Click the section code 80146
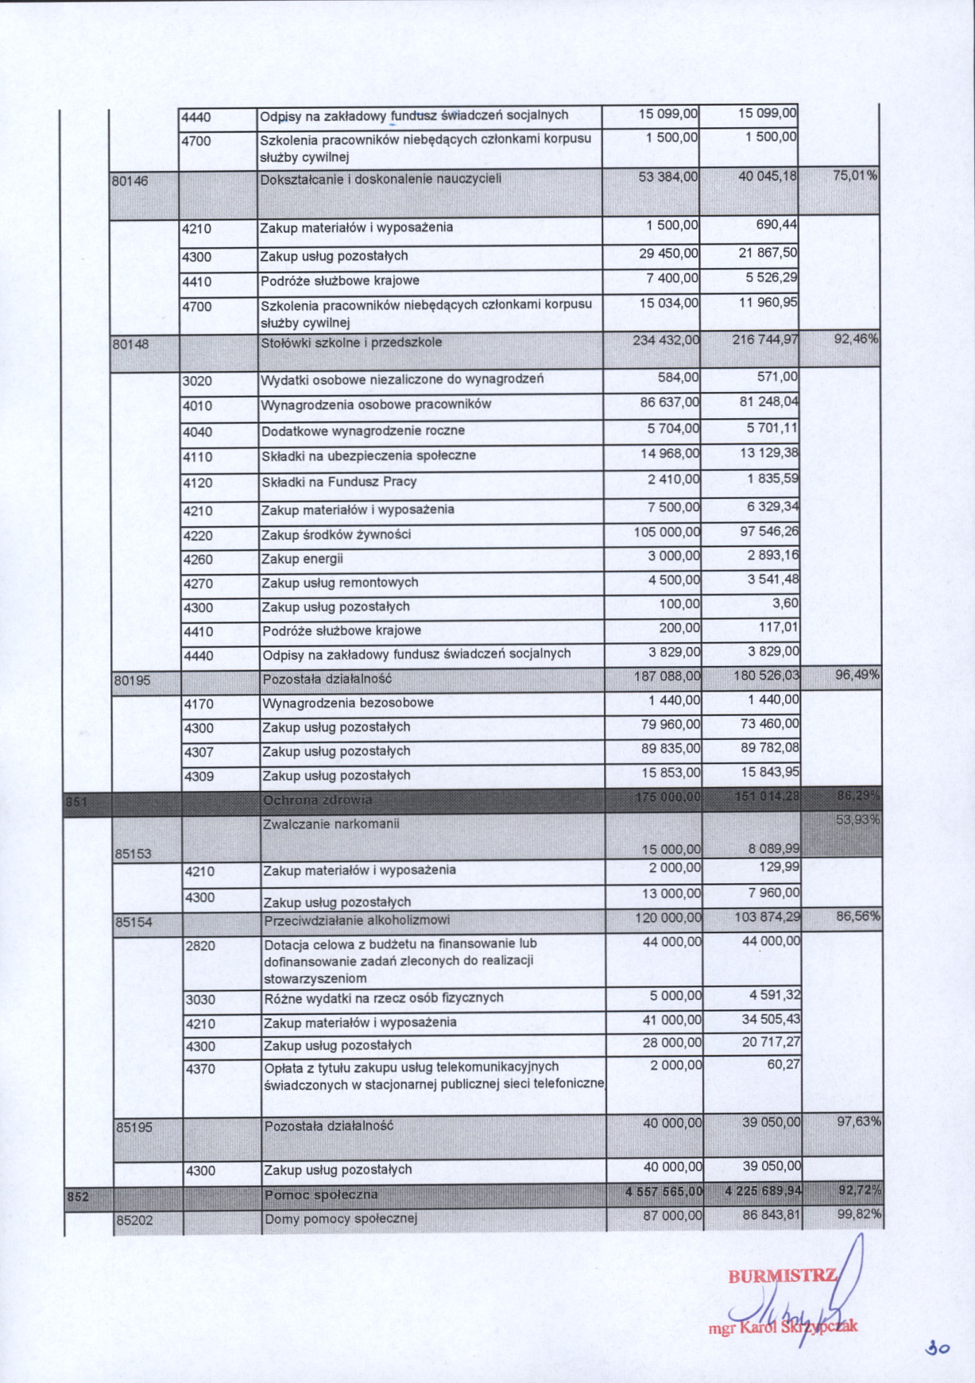(x=130, y=180)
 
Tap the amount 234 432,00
(x=666, y=340)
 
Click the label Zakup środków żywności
(x=336, y=535)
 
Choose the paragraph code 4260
(x=198, y=560)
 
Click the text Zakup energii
(x=302, y=559)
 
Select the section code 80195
(x=132, y=680)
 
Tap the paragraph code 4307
(x=199, y=752)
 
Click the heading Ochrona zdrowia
(x=317, y=800)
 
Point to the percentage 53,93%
(x=858, y=819)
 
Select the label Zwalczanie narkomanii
(x=331, y=823)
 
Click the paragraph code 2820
(x=200, y=946)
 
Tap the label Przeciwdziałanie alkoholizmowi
(x=357, y=920)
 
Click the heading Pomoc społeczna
(x=321, y=1195)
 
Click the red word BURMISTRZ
(x=782, y=1276)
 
